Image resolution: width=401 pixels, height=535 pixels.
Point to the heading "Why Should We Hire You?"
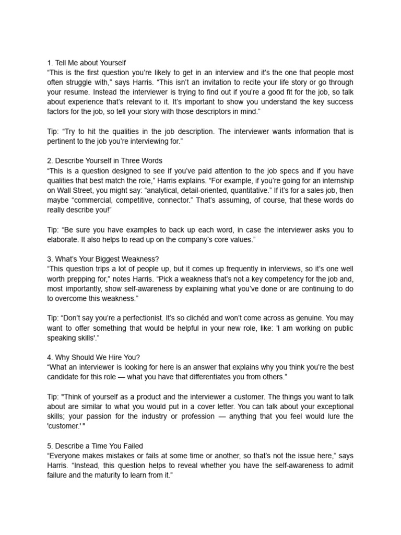(x=93, y=357)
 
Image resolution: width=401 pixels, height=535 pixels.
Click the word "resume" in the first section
(x=76, y=92)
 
